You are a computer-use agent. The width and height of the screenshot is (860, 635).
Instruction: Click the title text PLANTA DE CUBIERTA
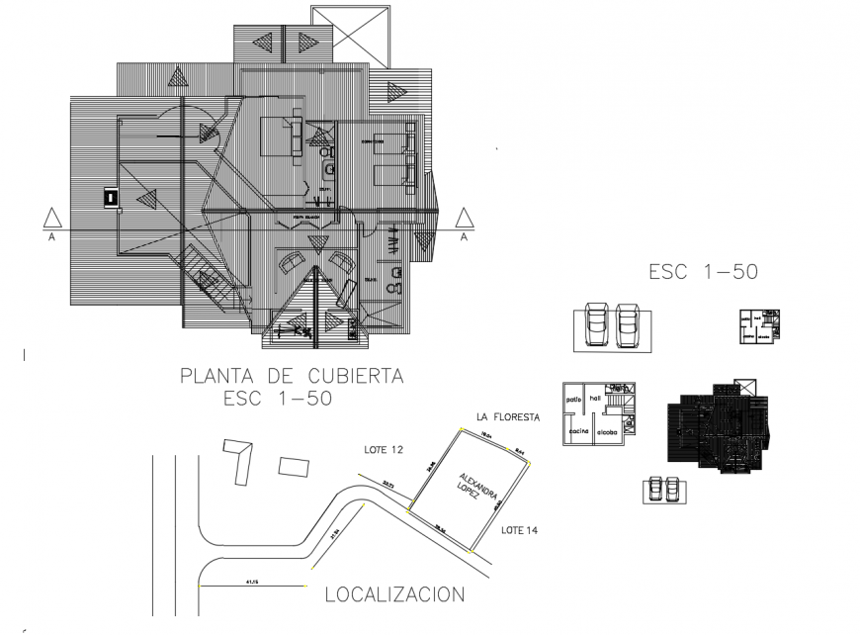point(292,376)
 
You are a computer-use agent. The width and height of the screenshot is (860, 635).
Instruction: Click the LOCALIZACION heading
point(394,594)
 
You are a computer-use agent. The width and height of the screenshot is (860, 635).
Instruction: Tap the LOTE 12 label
point(384,450)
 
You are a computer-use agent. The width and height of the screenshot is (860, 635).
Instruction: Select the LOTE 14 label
point(519,531)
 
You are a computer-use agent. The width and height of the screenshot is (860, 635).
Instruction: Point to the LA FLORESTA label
point(508,417)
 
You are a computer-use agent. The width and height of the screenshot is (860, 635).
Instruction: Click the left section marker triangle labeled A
point(49,218)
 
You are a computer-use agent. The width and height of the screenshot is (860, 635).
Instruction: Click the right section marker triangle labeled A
point(464,218)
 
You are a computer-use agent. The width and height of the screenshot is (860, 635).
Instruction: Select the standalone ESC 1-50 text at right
point(703,272)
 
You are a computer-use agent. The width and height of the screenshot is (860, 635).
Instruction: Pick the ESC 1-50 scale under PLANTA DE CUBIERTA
point(277,399)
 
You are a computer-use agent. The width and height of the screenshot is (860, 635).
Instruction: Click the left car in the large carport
point(598,324)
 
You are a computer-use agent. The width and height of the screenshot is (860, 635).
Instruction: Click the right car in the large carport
point(629,324)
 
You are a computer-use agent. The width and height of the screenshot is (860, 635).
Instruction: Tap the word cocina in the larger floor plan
point(578,432)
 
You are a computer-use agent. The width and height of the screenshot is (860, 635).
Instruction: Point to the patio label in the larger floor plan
point(573,400)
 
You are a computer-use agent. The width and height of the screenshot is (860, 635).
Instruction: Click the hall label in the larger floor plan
point(595,398)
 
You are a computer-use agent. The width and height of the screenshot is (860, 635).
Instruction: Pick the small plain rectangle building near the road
point(294,466)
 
